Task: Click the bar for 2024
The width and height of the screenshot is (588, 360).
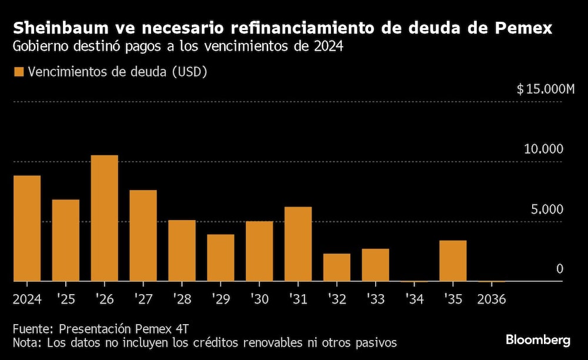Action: coord(27,228)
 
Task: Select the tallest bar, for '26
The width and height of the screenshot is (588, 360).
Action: coord(105,218)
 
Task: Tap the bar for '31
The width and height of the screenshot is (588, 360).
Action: coord(298,244)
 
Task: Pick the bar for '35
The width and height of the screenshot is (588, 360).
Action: coord(453,261)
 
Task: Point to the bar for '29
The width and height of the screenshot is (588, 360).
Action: coord(220,258)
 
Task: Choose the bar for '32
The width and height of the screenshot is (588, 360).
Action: coord(337,268)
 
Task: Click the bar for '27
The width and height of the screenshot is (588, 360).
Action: coord(143,236)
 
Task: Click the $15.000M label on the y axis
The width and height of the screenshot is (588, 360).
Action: coord(545,89)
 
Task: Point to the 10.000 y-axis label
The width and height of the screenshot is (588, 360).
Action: coord(543,149)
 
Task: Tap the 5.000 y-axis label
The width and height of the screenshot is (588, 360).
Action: coord(547,209)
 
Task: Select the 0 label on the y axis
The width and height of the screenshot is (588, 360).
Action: coord(560,269)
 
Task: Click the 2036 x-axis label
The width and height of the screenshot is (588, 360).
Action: coord(492,299)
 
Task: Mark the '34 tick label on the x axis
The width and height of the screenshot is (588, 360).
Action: coord(413,299)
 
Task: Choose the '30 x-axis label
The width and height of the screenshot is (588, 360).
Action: coord(259,299)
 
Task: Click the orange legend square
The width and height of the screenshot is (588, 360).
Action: coord(19,72)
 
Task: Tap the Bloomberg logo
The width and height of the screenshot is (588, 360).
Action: coord(538,340)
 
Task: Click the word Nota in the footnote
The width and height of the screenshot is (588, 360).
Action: coord(26,342)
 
